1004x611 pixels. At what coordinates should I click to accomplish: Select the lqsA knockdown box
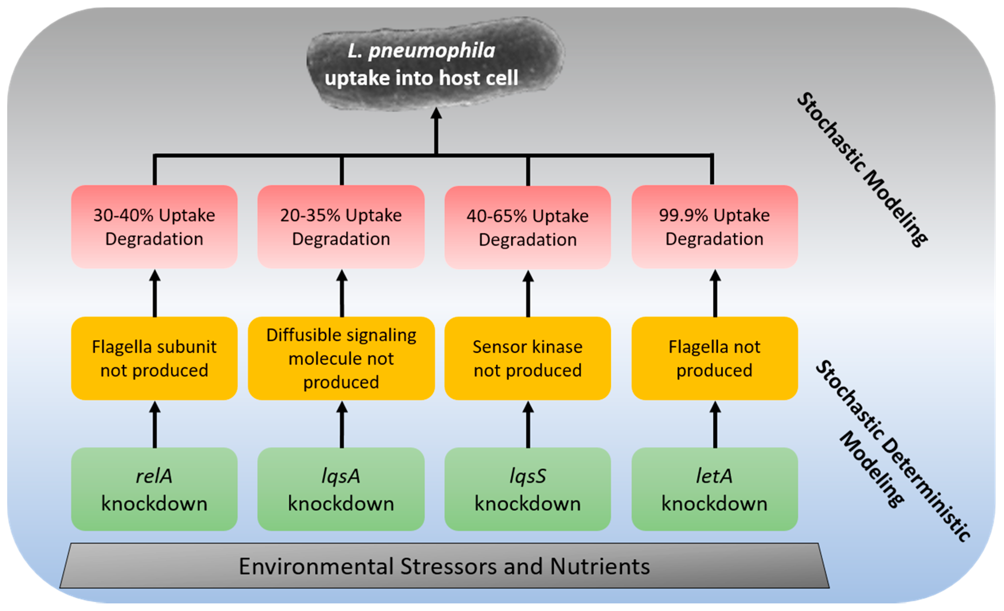[x=341, y=489]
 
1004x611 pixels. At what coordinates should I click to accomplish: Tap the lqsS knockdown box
[x=528, y=489]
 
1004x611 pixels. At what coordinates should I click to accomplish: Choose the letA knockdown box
[x=715, y=489]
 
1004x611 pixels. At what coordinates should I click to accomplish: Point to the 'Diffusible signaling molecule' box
[x=341, y=358]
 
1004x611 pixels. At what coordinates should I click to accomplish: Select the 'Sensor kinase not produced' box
[x=528, y=358]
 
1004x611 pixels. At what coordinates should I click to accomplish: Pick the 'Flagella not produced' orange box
[x=715, y=358]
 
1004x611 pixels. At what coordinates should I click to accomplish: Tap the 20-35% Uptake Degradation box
[x=341, y=227]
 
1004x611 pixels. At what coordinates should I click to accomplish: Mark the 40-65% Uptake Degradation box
[x=528, y=227]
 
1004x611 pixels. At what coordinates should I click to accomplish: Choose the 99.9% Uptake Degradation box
[x=715, y=227]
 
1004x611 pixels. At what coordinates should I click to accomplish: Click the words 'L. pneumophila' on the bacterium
[x=421, y=51]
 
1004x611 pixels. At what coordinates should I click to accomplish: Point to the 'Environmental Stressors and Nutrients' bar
[x=444, y=565]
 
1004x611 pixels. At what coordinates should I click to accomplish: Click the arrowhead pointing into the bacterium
[x=436, y=113]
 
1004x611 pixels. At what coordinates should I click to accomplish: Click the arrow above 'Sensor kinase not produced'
[x=528, y=293]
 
